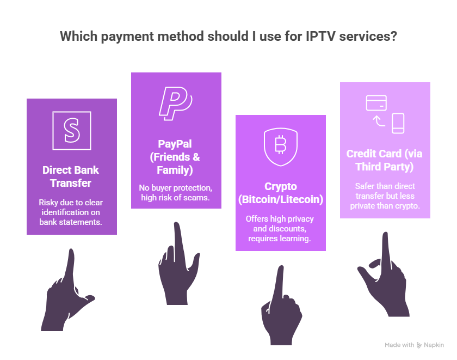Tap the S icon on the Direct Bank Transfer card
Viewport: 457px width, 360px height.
72,130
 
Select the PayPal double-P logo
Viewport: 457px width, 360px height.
175,103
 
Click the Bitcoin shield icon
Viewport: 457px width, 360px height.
281,146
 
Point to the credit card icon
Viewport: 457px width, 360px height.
376,102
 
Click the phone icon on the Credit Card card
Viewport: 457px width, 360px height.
398,123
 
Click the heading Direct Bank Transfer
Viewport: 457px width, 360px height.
71,176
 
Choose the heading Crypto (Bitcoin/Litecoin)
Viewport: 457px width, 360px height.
281,193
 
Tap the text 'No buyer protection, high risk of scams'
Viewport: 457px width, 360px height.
175,192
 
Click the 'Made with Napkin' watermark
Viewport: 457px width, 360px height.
414,345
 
